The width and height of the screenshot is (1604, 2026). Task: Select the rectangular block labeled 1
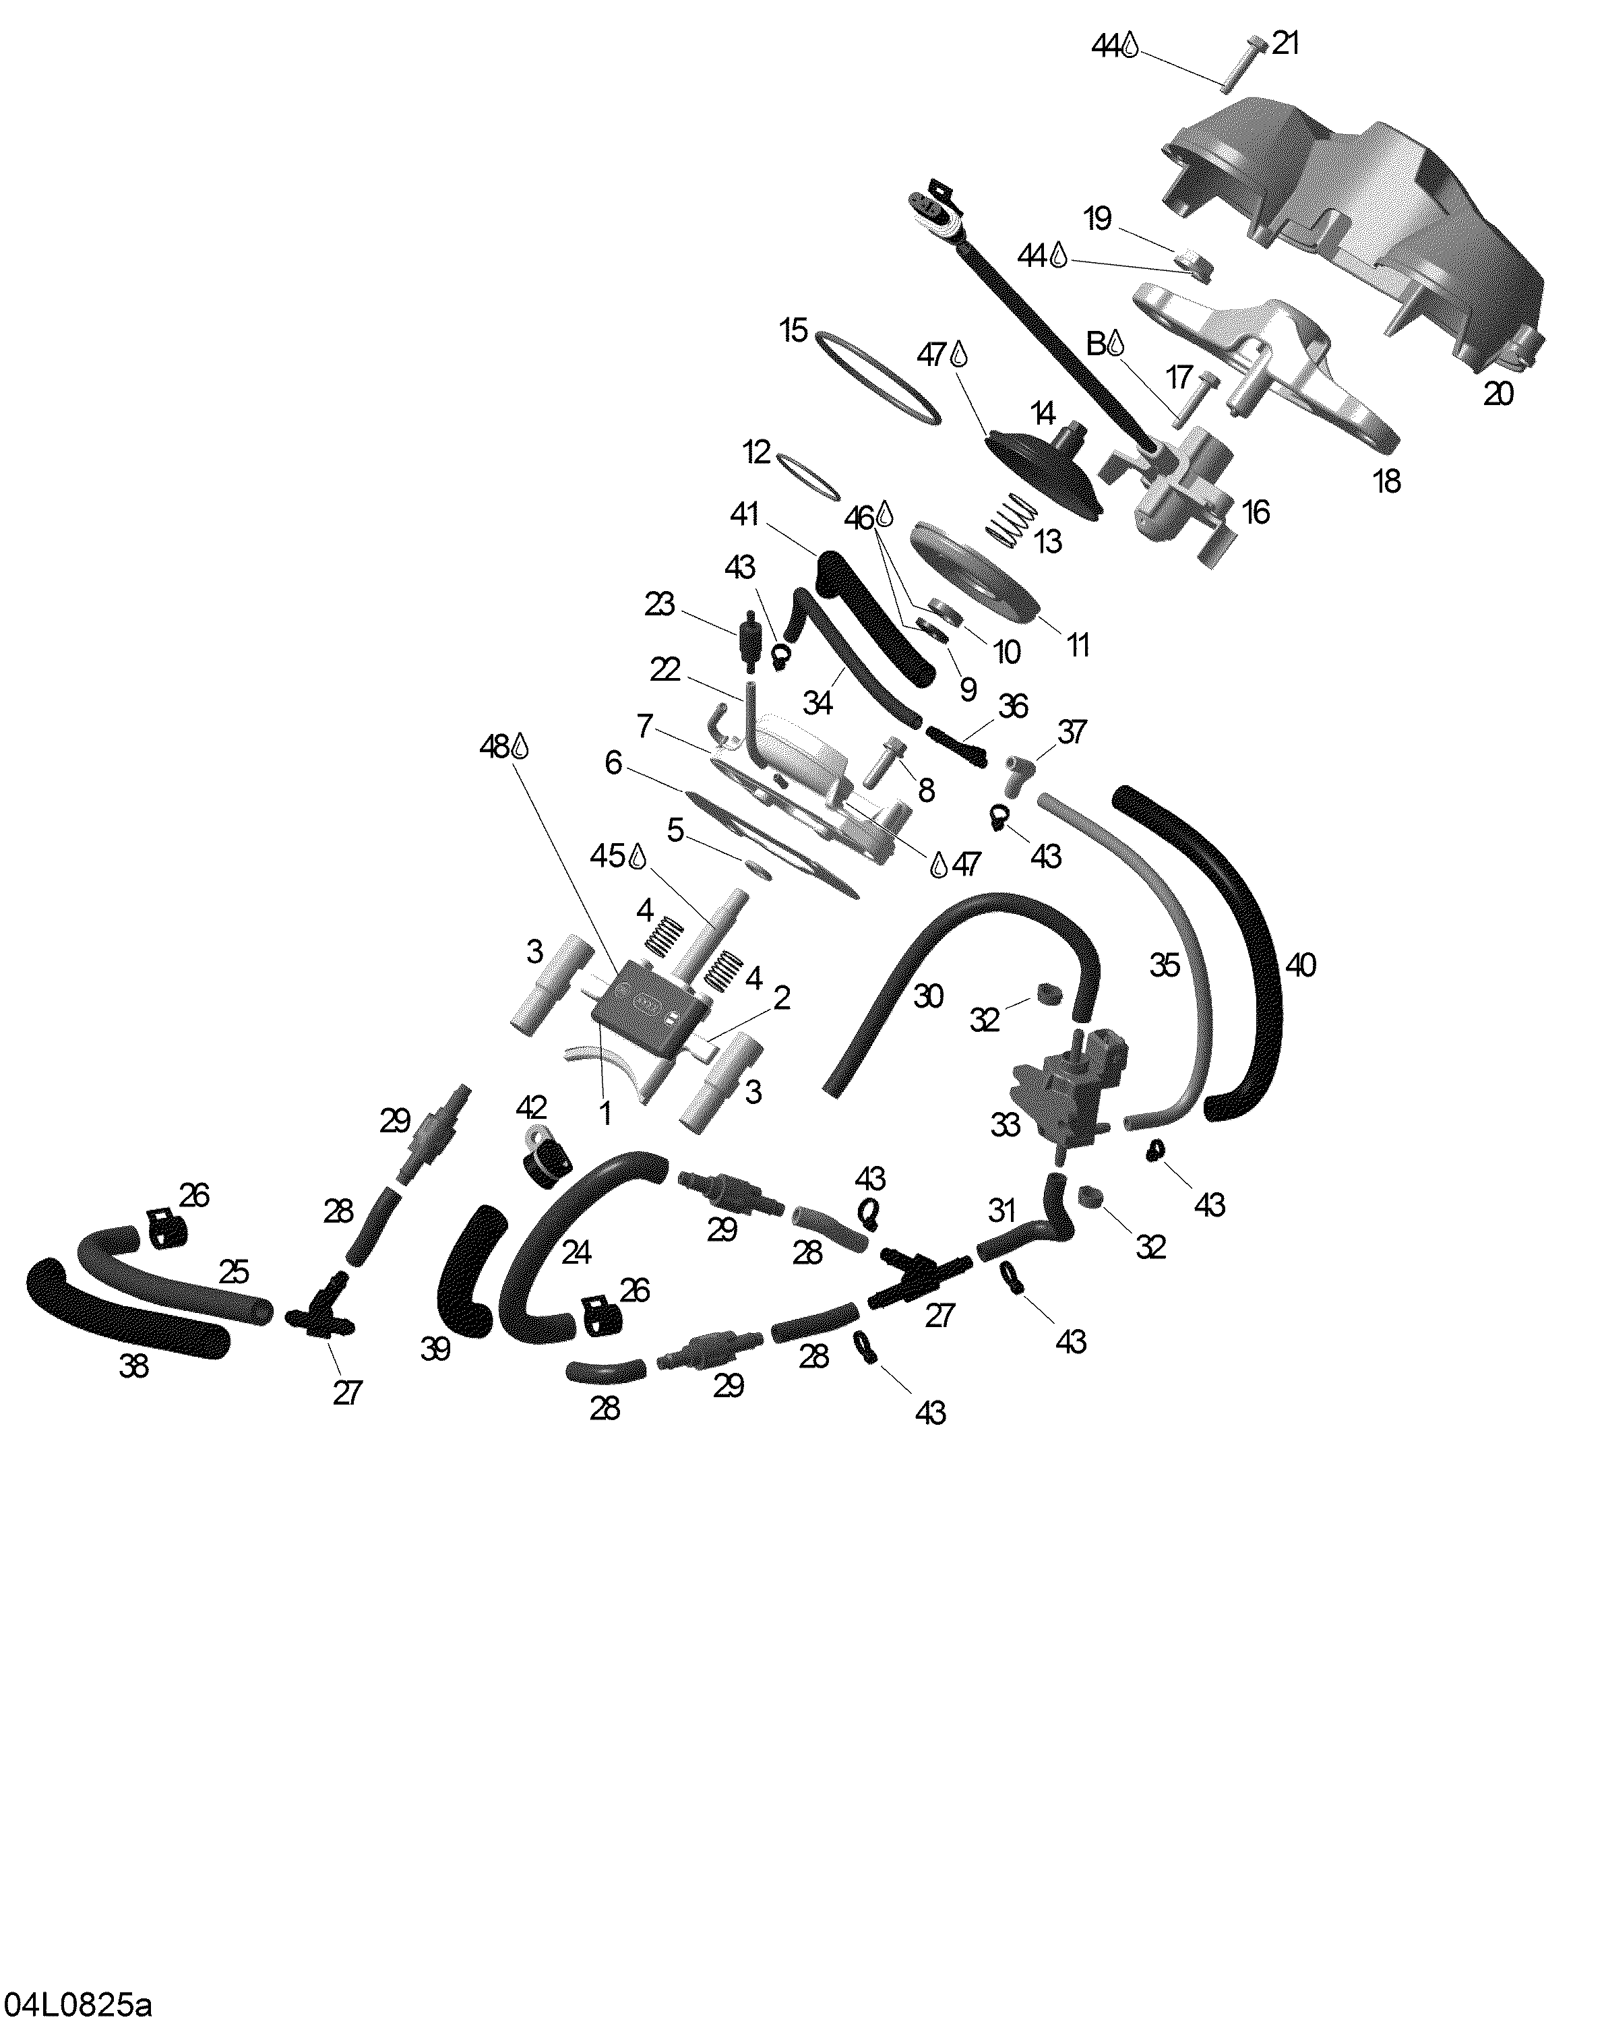648,1011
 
